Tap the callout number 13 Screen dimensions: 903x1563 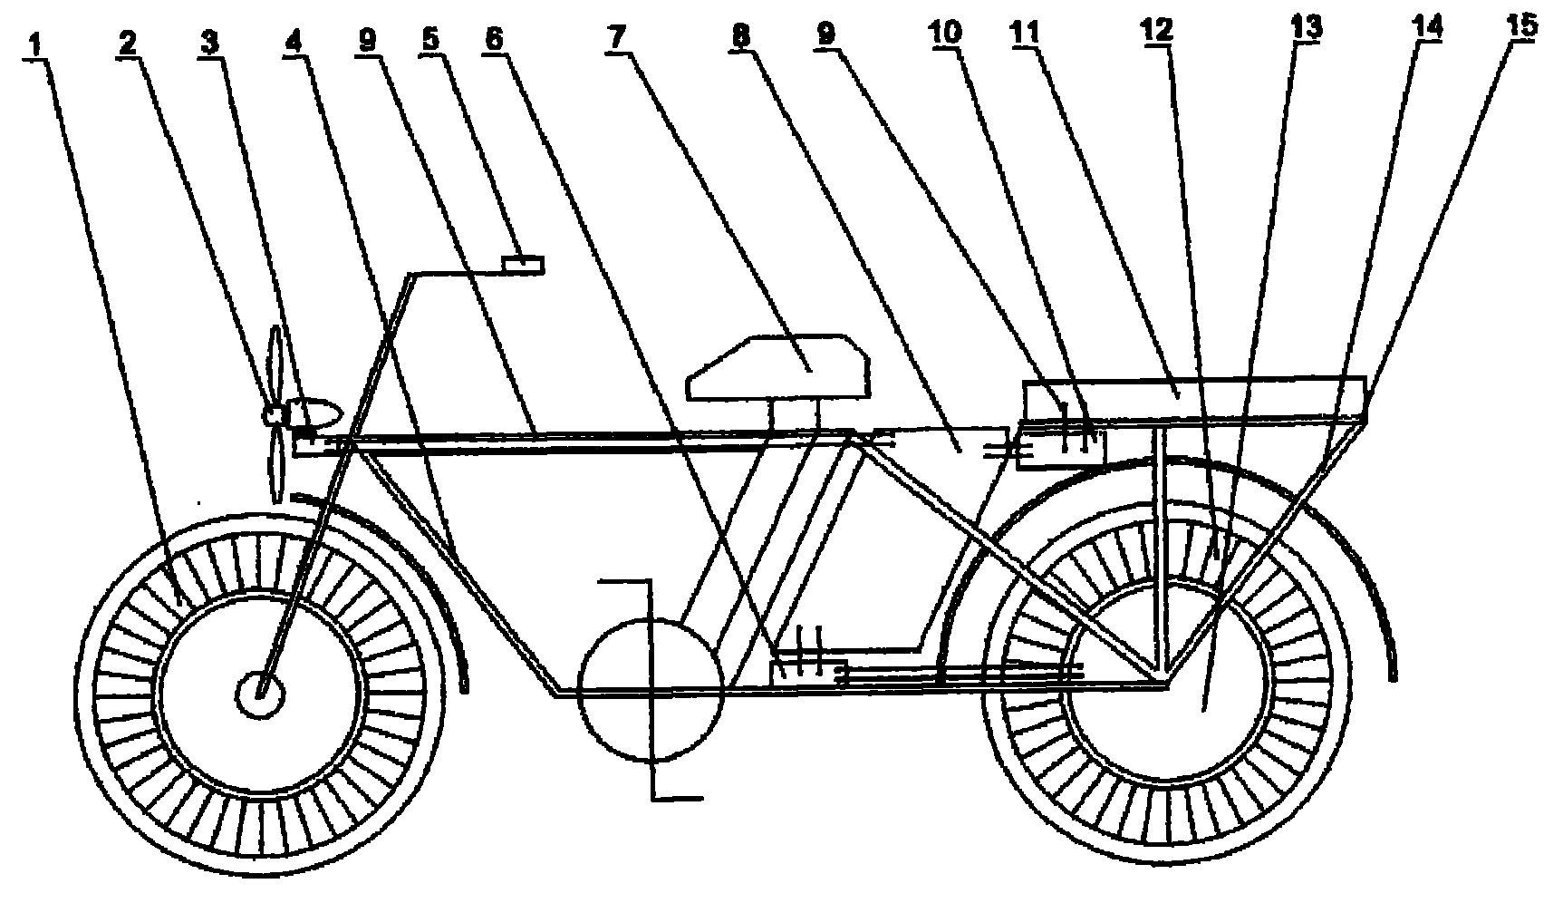coord(1306,29)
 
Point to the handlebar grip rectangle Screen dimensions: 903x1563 coord(524,264)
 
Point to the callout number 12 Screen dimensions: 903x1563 coord(1158,33)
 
